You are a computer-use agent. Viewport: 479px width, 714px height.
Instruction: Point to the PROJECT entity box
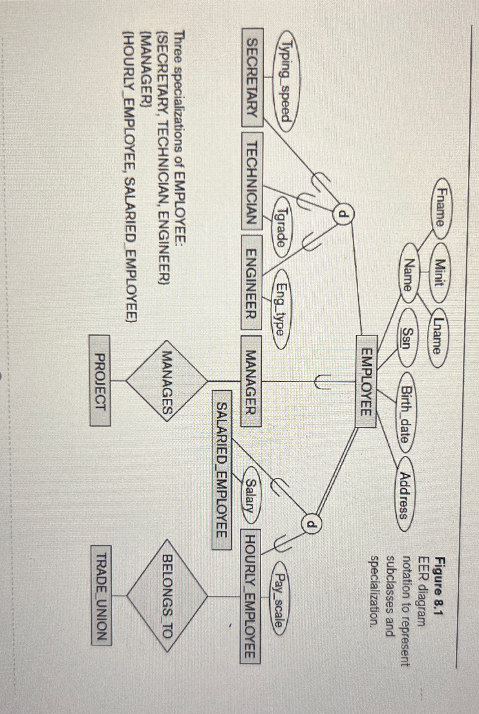100,381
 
